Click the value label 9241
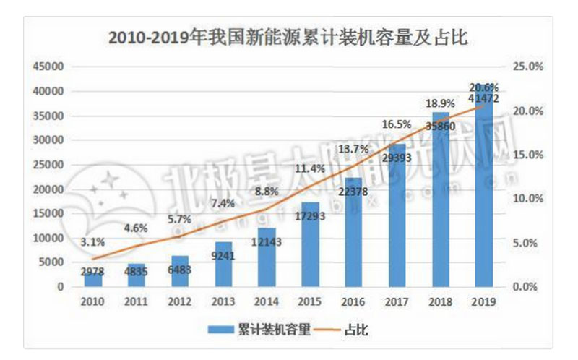[221, 254]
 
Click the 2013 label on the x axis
[220, 302]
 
